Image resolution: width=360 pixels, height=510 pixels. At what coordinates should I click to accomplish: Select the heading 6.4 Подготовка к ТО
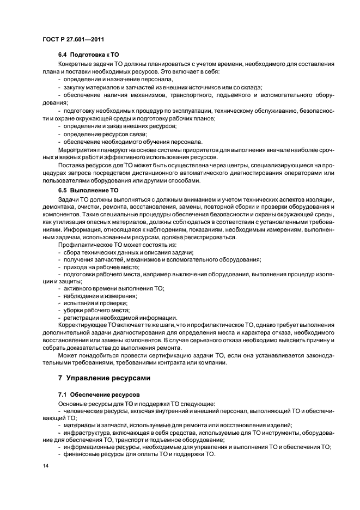pos(88,56)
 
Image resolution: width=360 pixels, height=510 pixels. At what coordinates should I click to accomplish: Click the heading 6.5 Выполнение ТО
pos(88,190)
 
